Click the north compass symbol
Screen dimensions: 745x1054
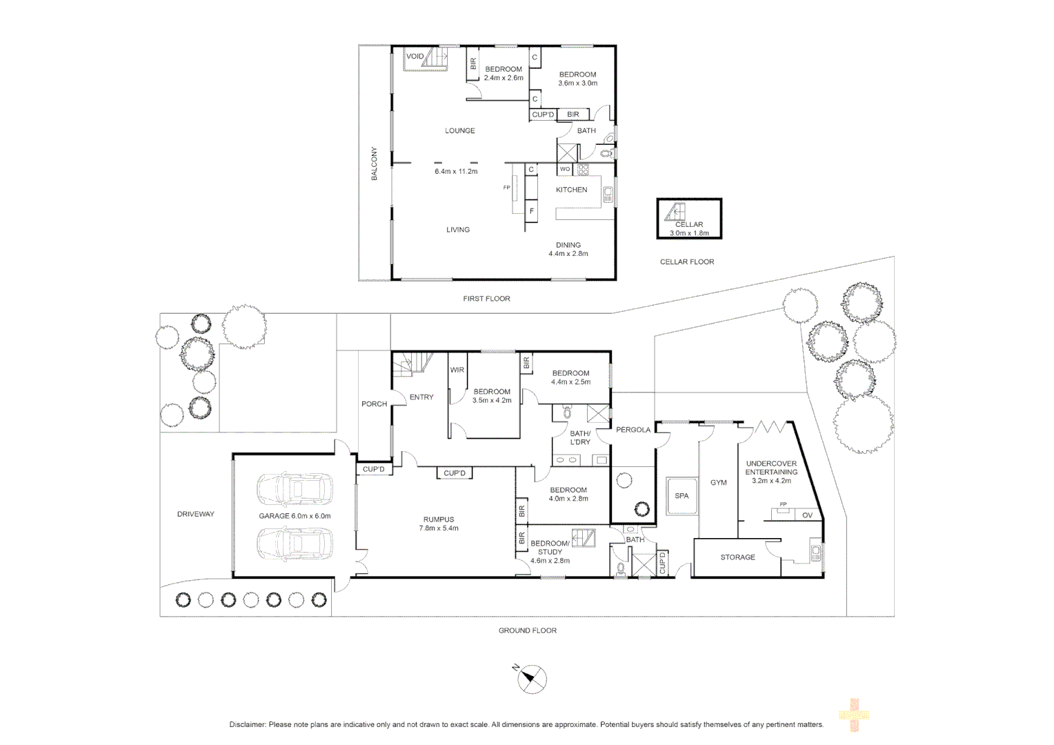point(532,679)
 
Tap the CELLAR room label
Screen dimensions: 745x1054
point(689,224)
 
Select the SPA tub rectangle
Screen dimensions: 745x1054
point(682,495)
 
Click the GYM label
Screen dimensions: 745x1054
point(719,483)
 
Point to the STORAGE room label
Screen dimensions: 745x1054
point(737,557)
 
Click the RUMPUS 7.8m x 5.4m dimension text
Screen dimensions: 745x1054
point(439,528)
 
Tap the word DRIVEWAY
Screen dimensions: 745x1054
point(196,514)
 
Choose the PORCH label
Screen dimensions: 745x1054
point(374,404)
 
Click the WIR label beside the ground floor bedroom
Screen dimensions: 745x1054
point(457,370)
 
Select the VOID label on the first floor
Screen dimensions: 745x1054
point(415,57)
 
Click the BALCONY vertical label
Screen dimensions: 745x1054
point(375,163)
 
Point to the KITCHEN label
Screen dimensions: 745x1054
point(572,190)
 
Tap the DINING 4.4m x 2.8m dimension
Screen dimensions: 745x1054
point(568,254)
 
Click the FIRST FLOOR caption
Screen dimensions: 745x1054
point(486,299)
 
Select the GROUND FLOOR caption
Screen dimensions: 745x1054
point(528,630)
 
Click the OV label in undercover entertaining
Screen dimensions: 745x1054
point(808,515)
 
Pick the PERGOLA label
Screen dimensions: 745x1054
point(633,430)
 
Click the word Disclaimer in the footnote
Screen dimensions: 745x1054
point(247,725)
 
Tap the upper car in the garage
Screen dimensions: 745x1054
point(295,489)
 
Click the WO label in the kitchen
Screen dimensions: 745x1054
point(565,169)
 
